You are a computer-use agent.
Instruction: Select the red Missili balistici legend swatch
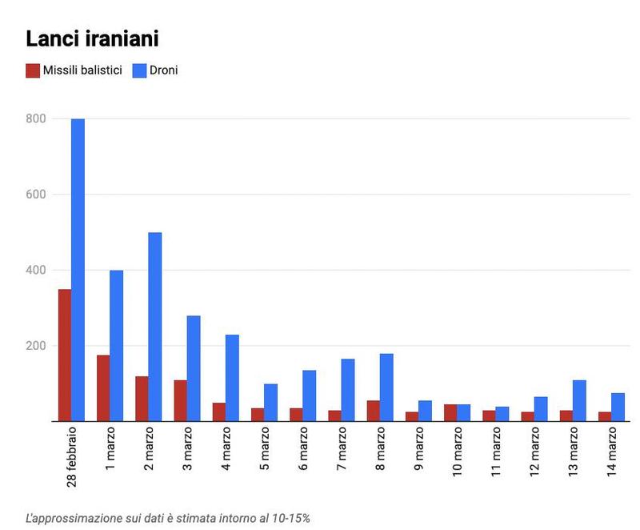coord(33,70)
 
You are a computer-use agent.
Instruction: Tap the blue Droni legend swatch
coord(139,70)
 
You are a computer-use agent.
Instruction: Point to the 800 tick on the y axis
coord(37,118)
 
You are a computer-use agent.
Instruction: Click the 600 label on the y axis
coord(37,195)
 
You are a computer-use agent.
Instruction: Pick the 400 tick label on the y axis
coord(37,271)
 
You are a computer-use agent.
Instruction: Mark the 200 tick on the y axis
coord(37,346)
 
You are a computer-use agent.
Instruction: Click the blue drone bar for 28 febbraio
coord(78,270)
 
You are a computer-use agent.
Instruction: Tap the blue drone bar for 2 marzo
coord(154,327)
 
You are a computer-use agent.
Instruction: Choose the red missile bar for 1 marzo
coord(103,388)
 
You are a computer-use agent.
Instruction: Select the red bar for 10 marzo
coord(450,413)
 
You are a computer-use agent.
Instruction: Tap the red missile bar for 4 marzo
coord(218,412)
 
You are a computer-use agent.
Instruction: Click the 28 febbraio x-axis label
coord(72,456)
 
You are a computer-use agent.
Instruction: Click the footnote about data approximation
coord(168,518)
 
